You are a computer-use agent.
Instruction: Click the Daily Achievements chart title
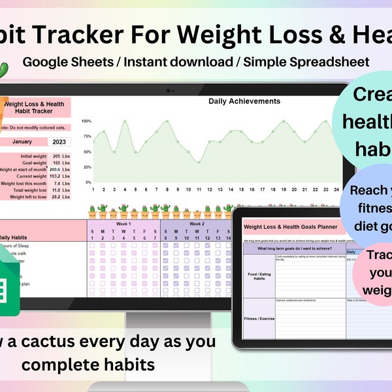tap(244, 101)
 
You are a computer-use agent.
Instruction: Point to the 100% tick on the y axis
tap(86, 121)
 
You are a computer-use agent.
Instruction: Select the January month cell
tap(22, 141)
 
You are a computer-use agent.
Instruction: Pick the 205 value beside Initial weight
tap(57, 156)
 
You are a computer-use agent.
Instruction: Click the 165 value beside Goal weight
tap(57, 164)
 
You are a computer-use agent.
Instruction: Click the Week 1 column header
tap(123, 223)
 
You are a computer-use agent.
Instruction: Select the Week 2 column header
tap(197, 223)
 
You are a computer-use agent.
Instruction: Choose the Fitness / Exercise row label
tap(258, 319)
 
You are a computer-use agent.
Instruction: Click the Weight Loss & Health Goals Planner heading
tap(292, 227)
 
